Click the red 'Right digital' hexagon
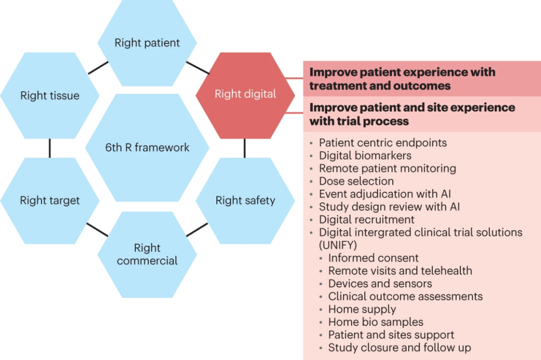[x=245, y=95]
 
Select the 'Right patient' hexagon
[x=147, y=43]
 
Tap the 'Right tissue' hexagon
[x=50, y=96]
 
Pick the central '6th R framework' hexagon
[x=147, y=147]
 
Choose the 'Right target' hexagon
[x=50, y=201]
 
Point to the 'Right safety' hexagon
[x=245, y=201]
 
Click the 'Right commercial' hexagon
[x=147, y=254]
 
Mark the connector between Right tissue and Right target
[x=50, y=148]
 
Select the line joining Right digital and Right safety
[x=245, y=148]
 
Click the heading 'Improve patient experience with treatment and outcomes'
[x=402, y=79]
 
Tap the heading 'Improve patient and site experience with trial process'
[x=412, y=114]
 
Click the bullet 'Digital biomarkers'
[x=365, y=155]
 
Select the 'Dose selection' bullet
[x=356, y=181]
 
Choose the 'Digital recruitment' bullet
[x=367, y=220]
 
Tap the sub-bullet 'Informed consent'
[x=373, y=258]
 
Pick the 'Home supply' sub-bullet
[x=362, y=309]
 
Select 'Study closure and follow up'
[x=399, y=347]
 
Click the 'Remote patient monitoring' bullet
[x=387, y=168]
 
